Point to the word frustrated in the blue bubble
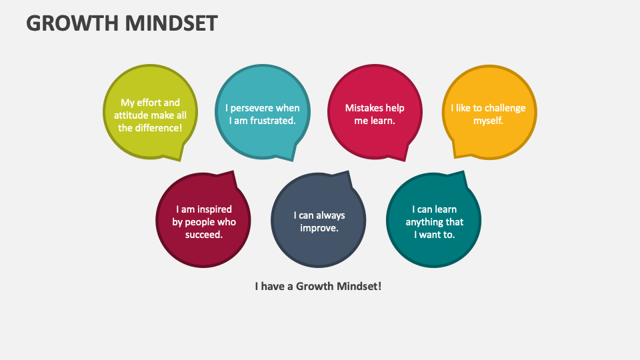click(x=271, y=121)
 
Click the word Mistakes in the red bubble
click(x=365, y=108)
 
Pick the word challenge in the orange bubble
click(x=505, y=108)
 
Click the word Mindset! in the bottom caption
click(x=359, y=286)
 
